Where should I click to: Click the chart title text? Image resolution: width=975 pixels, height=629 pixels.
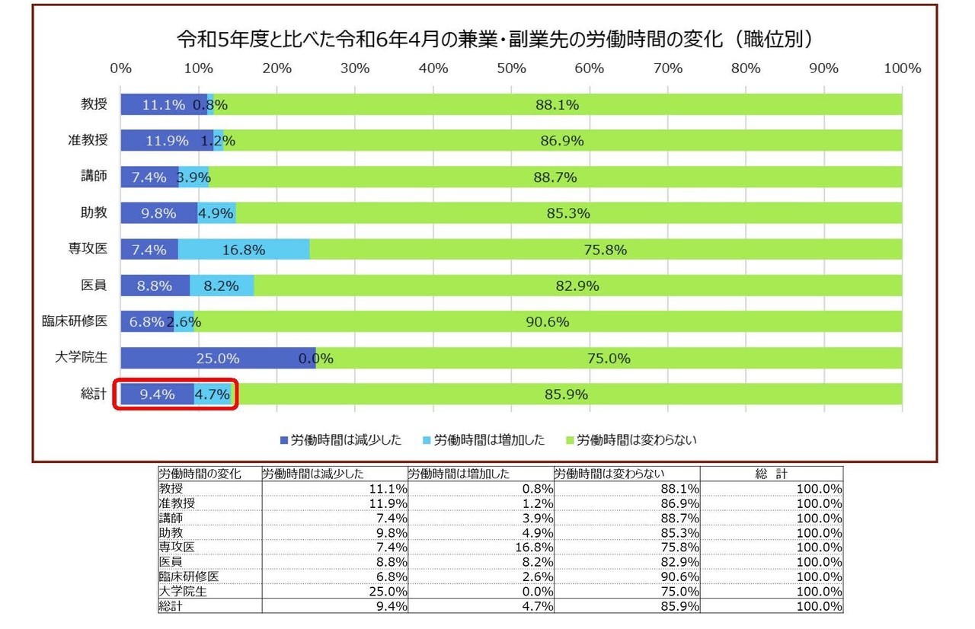click(494, 39)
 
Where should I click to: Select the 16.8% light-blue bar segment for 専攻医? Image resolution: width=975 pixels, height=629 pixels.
click(244, 250)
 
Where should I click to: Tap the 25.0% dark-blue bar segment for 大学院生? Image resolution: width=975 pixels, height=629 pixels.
click(218, 358)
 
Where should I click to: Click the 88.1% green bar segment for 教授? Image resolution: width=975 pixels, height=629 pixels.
click(557, 105)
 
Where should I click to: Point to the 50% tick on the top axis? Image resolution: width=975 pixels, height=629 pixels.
click(511, 69)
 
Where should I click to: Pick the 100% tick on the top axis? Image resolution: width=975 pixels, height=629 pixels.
click(902, 69)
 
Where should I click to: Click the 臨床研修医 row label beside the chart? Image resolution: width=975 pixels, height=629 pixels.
click(75, 321)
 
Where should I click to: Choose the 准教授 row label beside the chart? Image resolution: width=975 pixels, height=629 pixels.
click(87, 140)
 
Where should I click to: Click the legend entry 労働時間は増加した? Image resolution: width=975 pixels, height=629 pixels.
click(483, 439)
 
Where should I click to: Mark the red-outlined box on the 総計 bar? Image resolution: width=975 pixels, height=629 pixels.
click(177, 394)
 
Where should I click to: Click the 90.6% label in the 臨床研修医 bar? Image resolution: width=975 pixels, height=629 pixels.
click(547, 321)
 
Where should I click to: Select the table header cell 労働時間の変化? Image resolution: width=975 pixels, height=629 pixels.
click(200, 474)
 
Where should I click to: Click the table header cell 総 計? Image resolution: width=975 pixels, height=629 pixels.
click(771, 474)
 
